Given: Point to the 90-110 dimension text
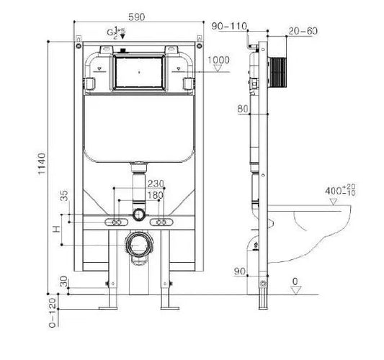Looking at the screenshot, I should click(x=229, y=27).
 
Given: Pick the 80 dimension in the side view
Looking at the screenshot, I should click(x=241, y=109).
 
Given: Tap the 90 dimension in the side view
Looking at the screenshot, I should click(x=241, y=271).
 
